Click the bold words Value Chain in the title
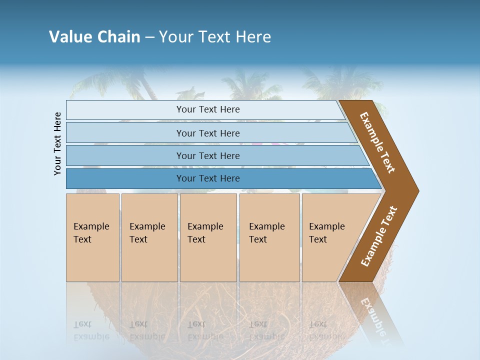pos(94,37)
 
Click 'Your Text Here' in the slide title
pos(215,37)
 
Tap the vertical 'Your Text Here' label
pos(58,143)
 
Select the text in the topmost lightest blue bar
pos(208,109)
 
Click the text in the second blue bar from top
pos(208,133)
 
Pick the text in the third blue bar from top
pos(208,155)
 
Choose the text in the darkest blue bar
pos(208,178)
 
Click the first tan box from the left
pos(92,237)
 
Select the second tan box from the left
pos(149,237)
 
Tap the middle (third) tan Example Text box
pos(208,237)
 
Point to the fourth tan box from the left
pos(269,237)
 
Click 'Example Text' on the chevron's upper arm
pos(377,142)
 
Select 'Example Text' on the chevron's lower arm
pos(378,236)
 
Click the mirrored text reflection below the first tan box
pos(91,330)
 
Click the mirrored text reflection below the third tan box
pos(205,330)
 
